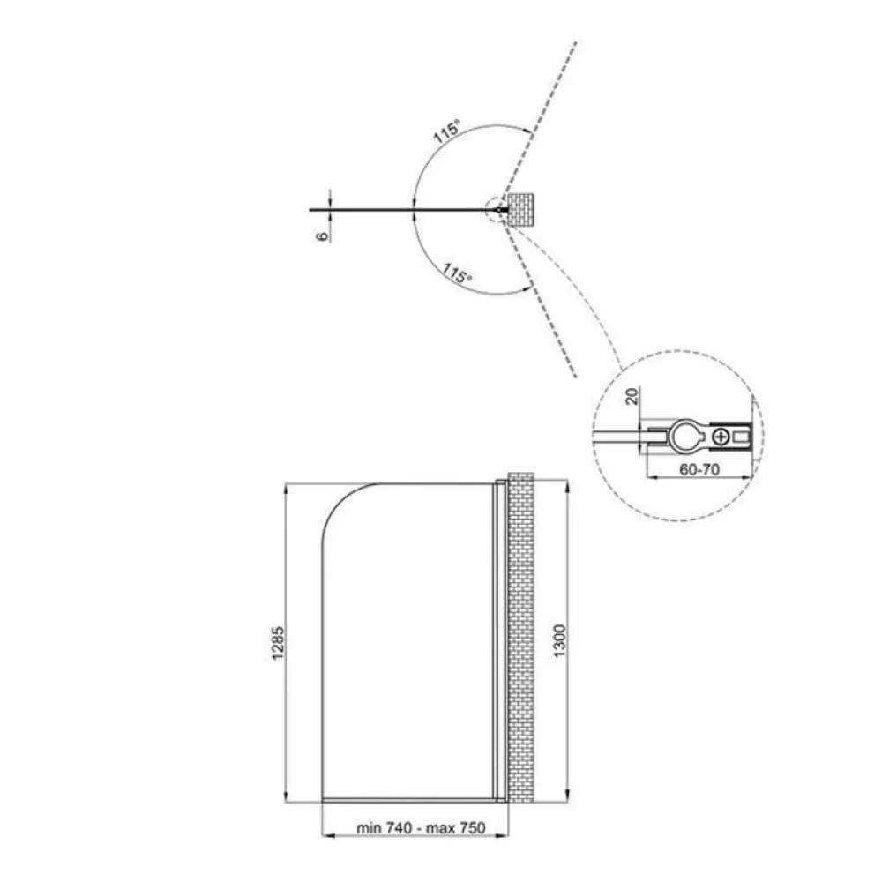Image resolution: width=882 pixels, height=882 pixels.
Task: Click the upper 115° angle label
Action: [x=446, y=131]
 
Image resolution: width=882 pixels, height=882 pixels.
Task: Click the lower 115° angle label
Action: [x=456, y=273]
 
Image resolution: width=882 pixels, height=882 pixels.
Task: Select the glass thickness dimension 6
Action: [x=322, y=235]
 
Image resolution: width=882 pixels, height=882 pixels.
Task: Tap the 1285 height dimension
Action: [x=278, y=643]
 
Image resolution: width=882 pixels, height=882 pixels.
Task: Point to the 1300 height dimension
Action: [x=560, y=640]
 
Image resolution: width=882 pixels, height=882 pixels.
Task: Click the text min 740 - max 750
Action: [x=421, y=828]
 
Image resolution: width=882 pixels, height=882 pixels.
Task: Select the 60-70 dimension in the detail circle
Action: [x=699, y=469]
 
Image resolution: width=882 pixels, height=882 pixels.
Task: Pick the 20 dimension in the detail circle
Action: [x=632, y=397]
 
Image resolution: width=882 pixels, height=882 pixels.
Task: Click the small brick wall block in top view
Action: [x=521, y=209]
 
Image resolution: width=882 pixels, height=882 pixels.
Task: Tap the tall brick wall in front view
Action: [x=521, y=637]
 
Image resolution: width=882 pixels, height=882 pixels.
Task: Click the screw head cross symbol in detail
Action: [x=721, y=436]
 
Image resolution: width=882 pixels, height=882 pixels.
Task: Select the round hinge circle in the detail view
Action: [x=685, y=436]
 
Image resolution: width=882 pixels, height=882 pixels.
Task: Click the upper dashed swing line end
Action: [x=575, y=42]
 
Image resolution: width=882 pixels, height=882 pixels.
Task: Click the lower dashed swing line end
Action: [x=575, y=377]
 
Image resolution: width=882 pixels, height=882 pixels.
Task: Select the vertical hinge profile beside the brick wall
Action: [x=499, y=640]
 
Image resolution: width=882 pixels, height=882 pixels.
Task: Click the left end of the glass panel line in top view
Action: [x=310, y=210]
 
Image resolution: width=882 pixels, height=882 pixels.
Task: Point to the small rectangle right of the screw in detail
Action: [x=742, y=436]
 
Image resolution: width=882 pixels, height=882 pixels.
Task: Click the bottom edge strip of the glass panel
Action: [x=407, y=799]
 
